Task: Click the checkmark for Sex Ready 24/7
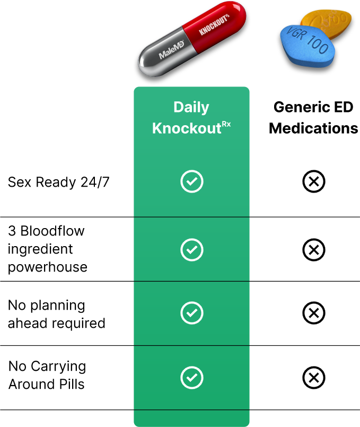(191, 182)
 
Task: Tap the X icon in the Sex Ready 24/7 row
(313, 182)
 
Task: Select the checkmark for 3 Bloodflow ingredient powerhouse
(191, 249)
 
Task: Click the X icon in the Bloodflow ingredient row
(313, 249)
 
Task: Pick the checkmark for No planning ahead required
(191, 313)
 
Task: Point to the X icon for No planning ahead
(313, 313)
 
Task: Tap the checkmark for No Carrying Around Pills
(191, 378)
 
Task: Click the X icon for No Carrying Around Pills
(313, 378)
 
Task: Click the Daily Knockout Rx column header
(191, 118)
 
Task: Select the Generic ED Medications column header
(313, 118)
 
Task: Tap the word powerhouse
(48, 267)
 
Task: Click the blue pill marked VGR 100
(306, 43)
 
